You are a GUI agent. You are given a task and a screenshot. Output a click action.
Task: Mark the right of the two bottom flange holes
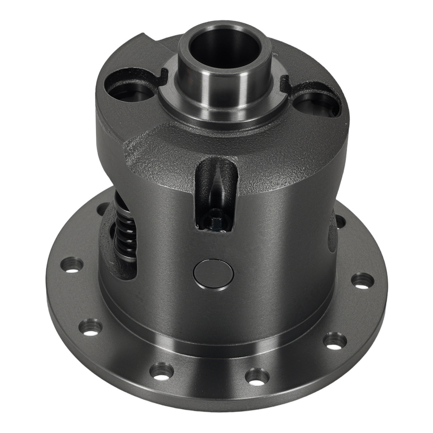pyautogui.click(x=257, y=376)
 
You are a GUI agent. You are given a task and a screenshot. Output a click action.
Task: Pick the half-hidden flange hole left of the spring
pyautogui.click(x=103, y=210)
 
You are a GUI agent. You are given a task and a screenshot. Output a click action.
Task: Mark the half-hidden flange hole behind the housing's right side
pyautogui.click(x=340, y=222)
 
